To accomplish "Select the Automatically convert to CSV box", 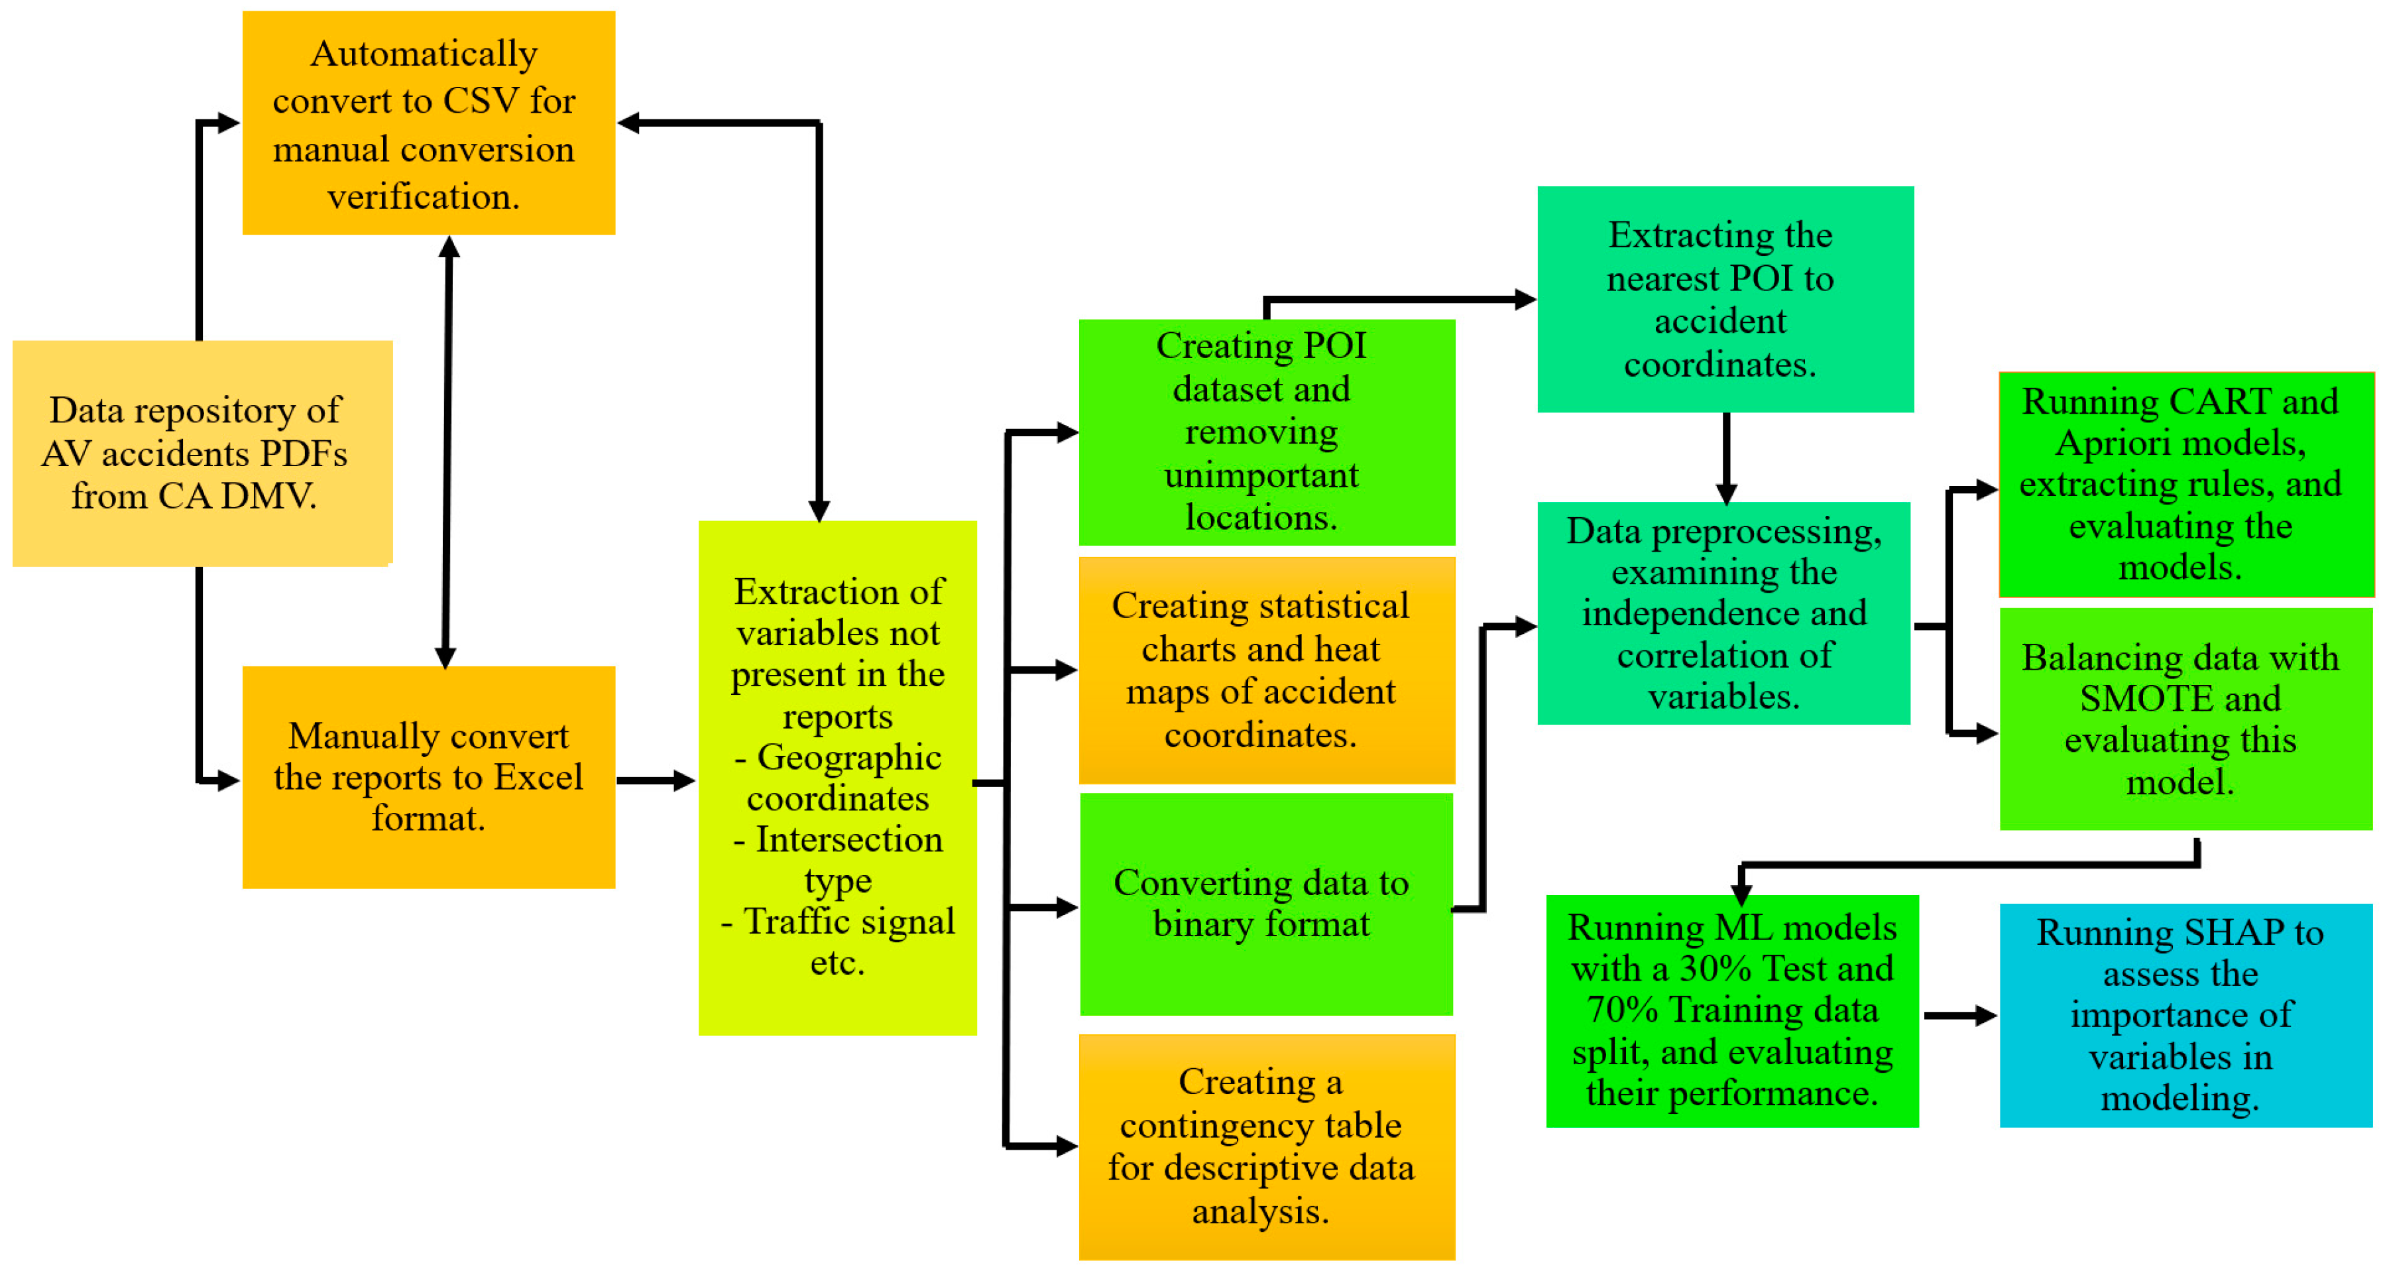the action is [x=429, y=123].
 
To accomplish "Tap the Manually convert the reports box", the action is [x=429, y=777].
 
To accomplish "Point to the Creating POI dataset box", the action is [x=1267, y=432].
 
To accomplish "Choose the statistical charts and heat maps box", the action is [x=1267, y=670].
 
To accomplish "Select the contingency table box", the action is [x=1267, y=1146].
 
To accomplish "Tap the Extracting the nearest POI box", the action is [x=1725, y=299].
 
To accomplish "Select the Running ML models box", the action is [x=1731, y=1010].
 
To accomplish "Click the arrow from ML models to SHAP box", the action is [x=1958, y=1016].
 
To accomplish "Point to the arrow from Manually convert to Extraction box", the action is [x=656, y=780].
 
